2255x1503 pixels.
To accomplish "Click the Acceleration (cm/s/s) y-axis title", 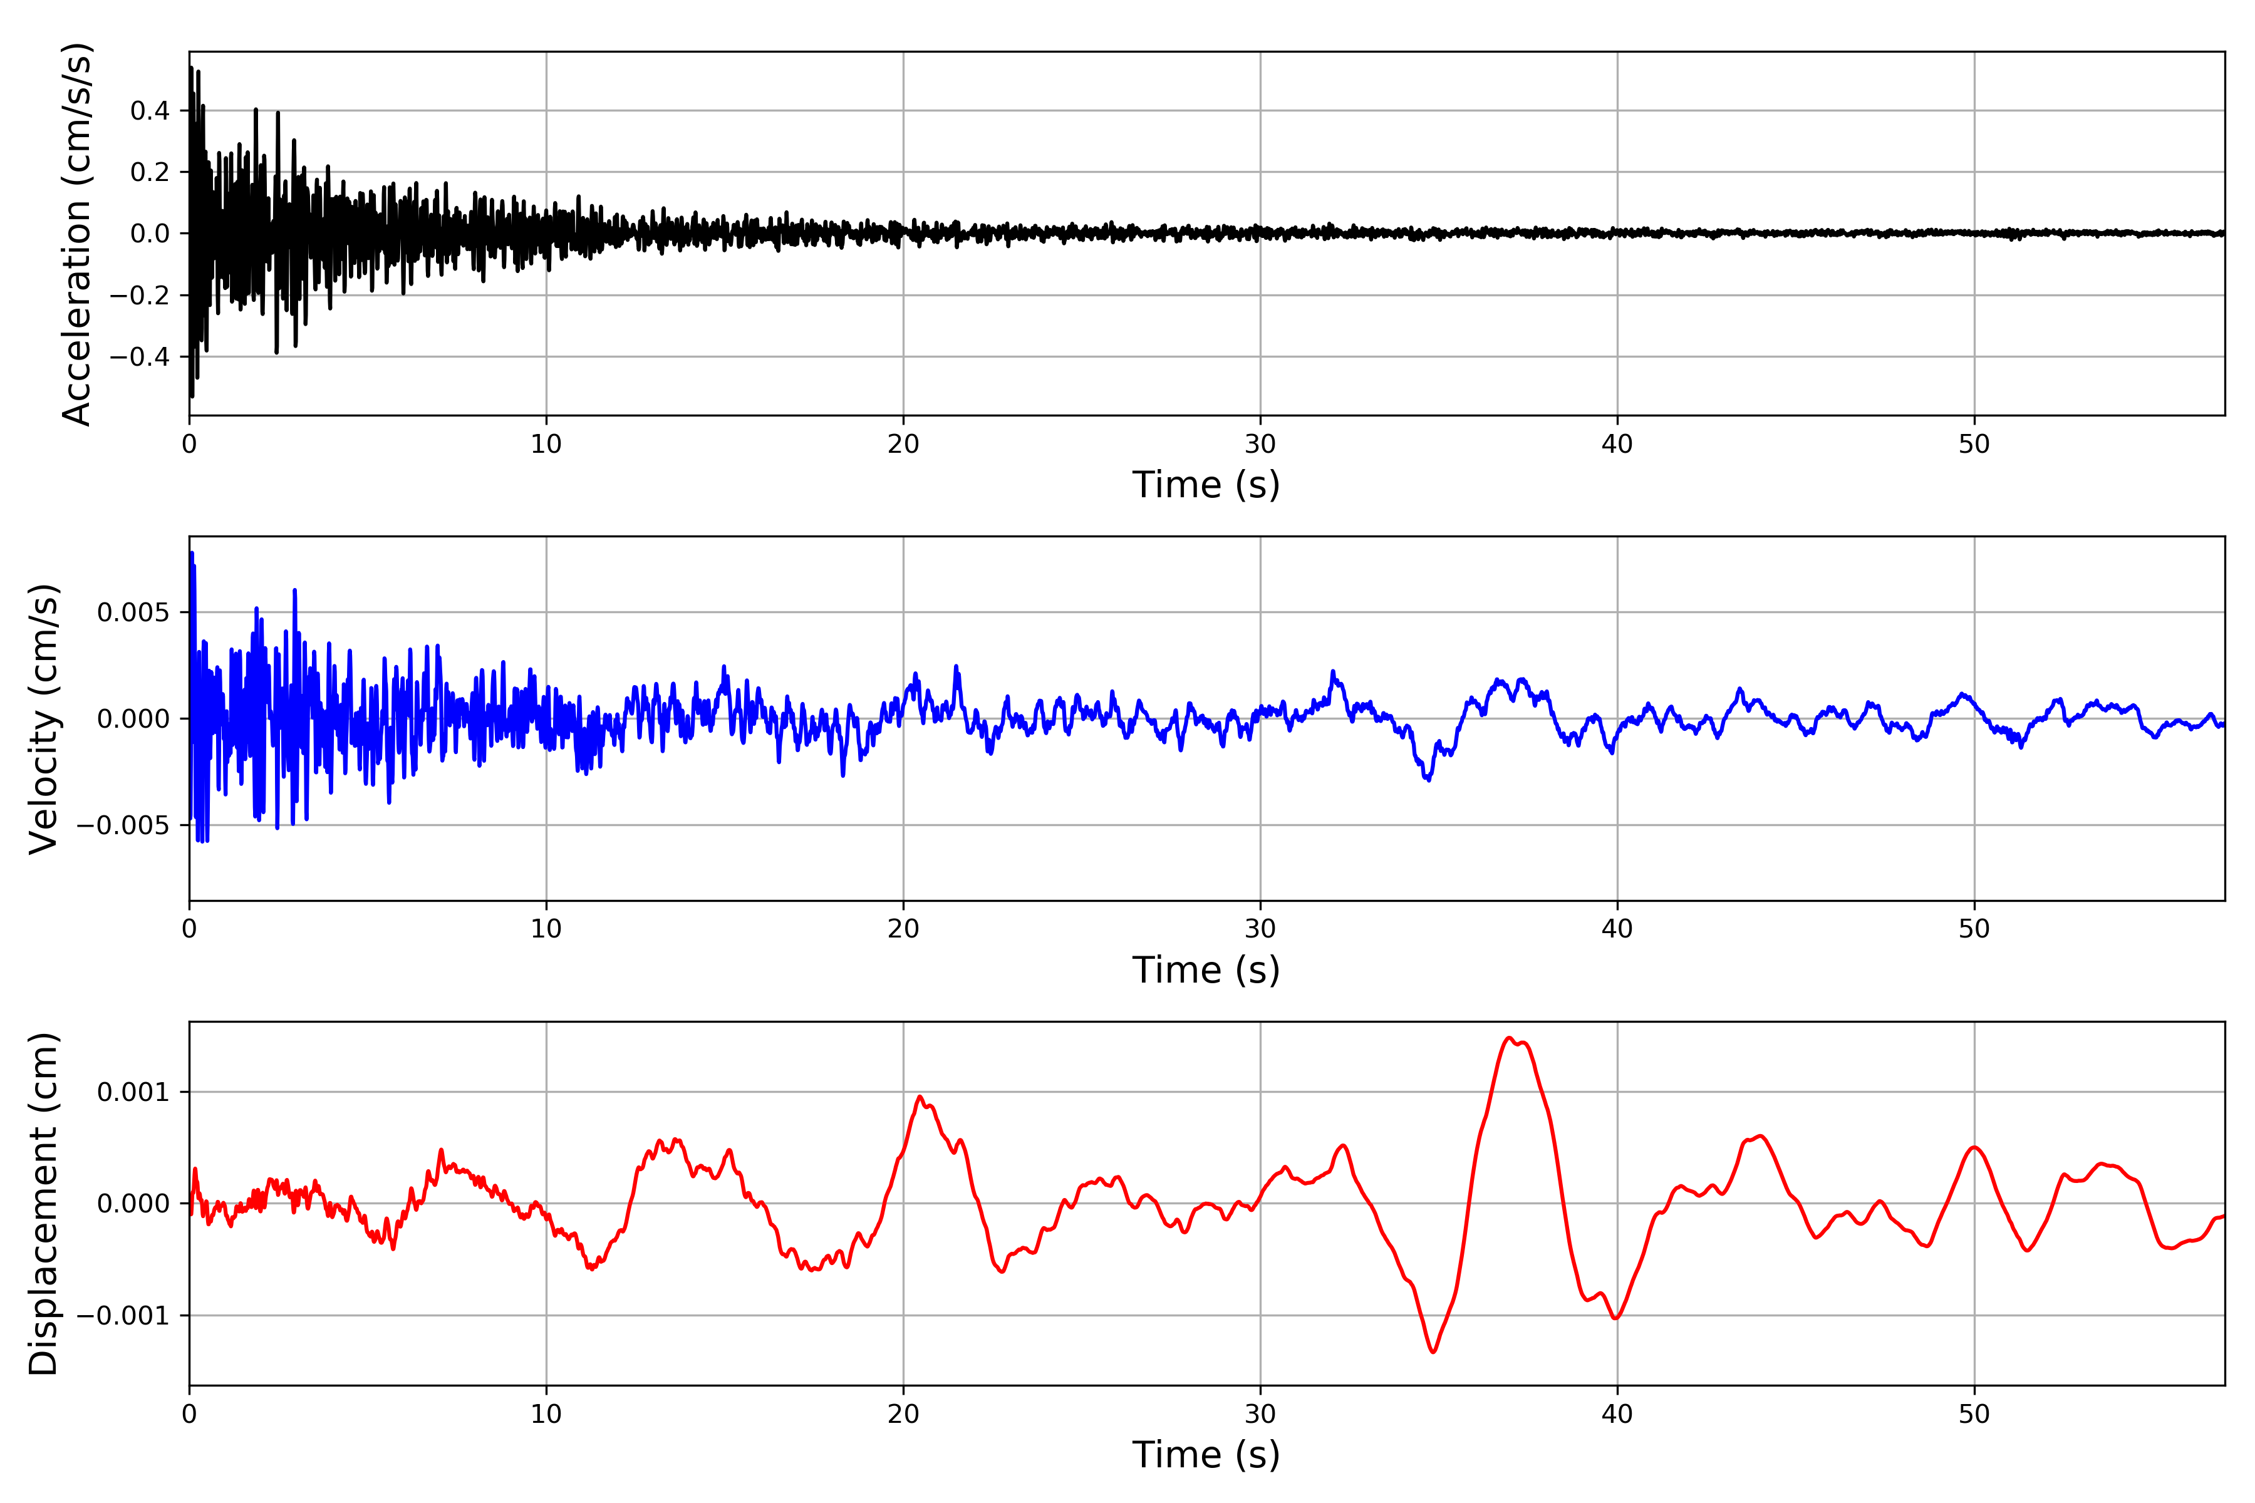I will tap(76, 234).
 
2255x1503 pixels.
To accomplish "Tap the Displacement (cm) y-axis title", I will tap(44, 1204).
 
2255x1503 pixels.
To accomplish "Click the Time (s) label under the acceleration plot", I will tap(1206, 485).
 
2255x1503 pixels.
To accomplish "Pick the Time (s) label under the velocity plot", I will tap(1206, 970).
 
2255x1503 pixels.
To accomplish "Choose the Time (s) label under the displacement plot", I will tap(1206, 1455).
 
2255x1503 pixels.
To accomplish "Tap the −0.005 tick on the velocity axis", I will tap(123, 825).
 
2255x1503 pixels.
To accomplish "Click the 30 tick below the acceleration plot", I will tap(1260, 445).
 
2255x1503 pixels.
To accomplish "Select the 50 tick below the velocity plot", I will tap(1974, 929).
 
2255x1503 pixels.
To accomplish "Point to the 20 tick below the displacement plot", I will tap(903, 1414).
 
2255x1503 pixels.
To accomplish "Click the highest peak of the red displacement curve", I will tap(1509, 1038).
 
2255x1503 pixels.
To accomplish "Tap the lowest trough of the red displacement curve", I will tap(1433, 1351).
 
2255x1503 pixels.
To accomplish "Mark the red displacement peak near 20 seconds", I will tap(920, 1097).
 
